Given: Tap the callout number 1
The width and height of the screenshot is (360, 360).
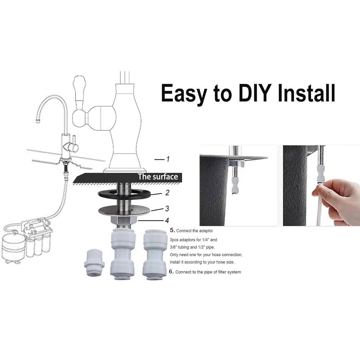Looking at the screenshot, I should coord(168,159).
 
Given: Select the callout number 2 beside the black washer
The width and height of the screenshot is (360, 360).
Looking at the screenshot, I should coord(167,193).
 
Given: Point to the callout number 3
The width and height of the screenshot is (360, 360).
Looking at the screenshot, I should coord(167,208).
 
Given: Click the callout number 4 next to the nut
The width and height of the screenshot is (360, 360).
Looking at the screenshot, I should coord(167,220).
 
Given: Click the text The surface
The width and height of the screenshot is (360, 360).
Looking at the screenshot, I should coord(158,177).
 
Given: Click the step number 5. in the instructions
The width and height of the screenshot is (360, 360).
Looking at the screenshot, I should coord(172,230).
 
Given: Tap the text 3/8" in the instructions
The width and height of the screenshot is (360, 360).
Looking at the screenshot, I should coord(175,247).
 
